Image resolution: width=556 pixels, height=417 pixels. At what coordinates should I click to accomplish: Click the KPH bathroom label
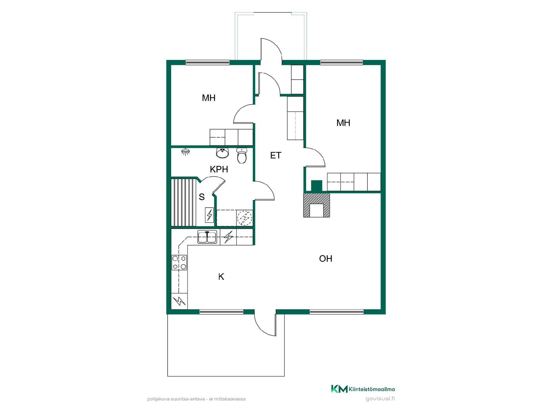point(219,169)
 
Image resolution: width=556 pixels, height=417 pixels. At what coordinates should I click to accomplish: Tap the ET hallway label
point(276,156)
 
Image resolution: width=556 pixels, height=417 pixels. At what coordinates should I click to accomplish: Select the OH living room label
point(325,259)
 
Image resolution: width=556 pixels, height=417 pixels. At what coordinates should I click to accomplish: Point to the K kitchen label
point(221,277)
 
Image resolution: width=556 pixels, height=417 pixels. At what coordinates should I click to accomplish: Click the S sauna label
point(202,197)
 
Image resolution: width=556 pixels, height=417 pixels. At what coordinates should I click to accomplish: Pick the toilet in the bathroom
point(242,155)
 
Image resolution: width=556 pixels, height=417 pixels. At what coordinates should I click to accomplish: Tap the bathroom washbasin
point(222,153)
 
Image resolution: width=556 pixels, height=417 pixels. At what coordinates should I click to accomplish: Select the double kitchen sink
point(207,237)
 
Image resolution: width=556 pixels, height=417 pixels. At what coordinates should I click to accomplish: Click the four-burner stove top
point(179,262)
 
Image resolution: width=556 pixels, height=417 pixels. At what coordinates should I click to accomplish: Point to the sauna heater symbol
point(209,215)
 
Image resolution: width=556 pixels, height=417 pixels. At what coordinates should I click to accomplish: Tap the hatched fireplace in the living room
point(317,205)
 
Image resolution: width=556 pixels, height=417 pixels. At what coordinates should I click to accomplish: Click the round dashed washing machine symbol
point(245,218)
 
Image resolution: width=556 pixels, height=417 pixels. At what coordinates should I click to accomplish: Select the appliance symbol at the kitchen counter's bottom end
point(179,301)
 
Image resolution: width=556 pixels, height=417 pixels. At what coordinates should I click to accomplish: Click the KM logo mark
point(339,389)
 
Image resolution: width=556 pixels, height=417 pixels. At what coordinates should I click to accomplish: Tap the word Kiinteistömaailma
point(372,389)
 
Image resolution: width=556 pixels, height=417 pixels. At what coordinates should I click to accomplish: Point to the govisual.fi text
point(380,399)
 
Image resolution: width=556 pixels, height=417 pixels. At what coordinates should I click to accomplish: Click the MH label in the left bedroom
point(209,98)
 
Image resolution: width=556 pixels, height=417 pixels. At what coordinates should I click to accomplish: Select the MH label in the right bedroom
point(343,123)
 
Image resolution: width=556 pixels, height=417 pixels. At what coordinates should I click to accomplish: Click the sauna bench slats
point(184,202)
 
